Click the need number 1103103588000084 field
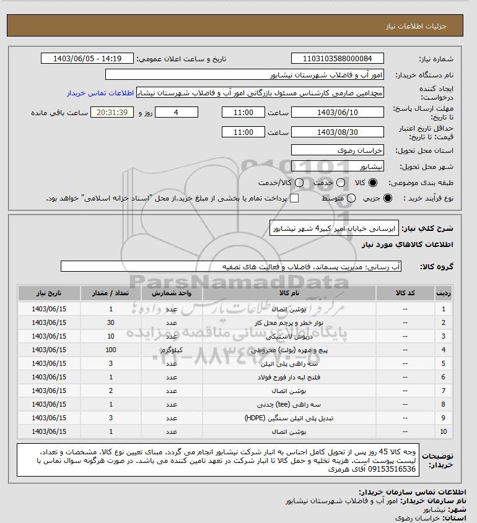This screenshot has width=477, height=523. coord(337,59)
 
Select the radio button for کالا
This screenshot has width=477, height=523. coord(373,183)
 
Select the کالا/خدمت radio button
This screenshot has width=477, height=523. coord(300,183)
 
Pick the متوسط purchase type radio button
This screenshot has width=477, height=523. coord(351,198)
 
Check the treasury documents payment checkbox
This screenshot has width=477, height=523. coord(294,198)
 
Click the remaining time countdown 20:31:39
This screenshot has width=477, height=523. coord(112,113)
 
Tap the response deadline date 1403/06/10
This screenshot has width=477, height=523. coord(337,113)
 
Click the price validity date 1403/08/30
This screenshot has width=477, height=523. coord(337,132)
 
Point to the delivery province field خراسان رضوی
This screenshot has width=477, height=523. coord(337,150)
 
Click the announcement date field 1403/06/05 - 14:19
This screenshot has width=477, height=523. coord(87,59)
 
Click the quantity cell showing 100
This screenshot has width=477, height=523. coord(111,350)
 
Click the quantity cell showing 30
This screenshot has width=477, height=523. coord(111,322)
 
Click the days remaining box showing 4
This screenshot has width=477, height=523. coord(176,113)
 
